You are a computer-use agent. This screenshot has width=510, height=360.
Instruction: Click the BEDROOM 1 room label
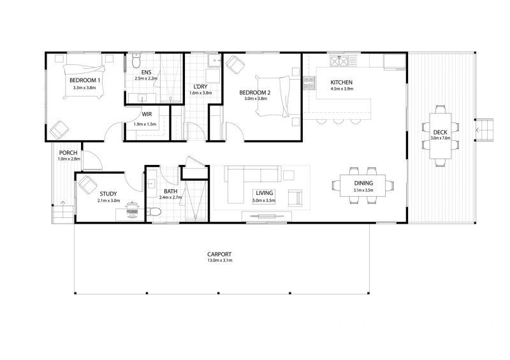(85, 80)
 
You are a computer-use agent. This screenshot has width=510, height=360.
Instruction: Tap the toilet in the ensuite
(136, 61)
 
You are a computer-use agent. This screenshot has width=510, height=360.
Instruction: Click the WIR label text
(147, 115)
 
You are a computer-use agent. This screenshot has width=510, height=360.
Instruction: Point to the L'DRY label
(200, 87)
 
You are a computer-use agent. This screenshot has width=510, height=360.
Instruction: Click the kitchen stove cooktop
(339, 61)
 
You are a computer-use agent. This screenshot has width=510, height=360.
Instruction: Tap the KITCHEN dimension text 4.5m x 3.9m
(342, 89)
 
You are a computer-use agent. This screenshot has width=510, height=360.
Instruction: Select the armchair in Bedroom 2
(235, 64)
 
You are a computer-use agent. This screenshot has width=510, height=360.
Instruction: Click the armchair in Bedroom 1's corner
(59, 129)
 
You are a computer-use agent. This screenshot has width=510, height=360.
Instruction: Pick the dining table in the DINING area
(363, 185)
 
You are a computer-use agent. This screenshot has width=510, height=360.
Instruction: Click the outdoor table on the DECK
(441, 136)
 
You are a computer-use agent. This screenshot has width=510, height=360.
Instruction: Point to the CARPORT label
(219, 254)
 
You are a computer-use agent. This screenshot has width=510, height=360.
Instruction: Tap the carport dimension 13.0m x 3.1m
(220, 261)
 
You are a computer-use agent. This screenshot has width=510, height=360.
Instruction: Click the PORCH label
(68, 153)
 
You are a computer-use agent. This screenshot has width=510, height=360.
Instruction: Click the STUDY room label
(108, 194)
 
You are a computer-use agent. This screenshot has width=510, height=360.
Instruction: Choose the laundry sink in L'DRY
(214, 61)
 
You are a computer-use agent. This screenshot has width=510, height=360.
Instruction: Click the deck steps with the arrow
(484, 130)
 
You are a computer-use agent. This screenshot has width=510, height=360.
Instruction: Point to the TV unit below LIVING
(266, 216)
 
